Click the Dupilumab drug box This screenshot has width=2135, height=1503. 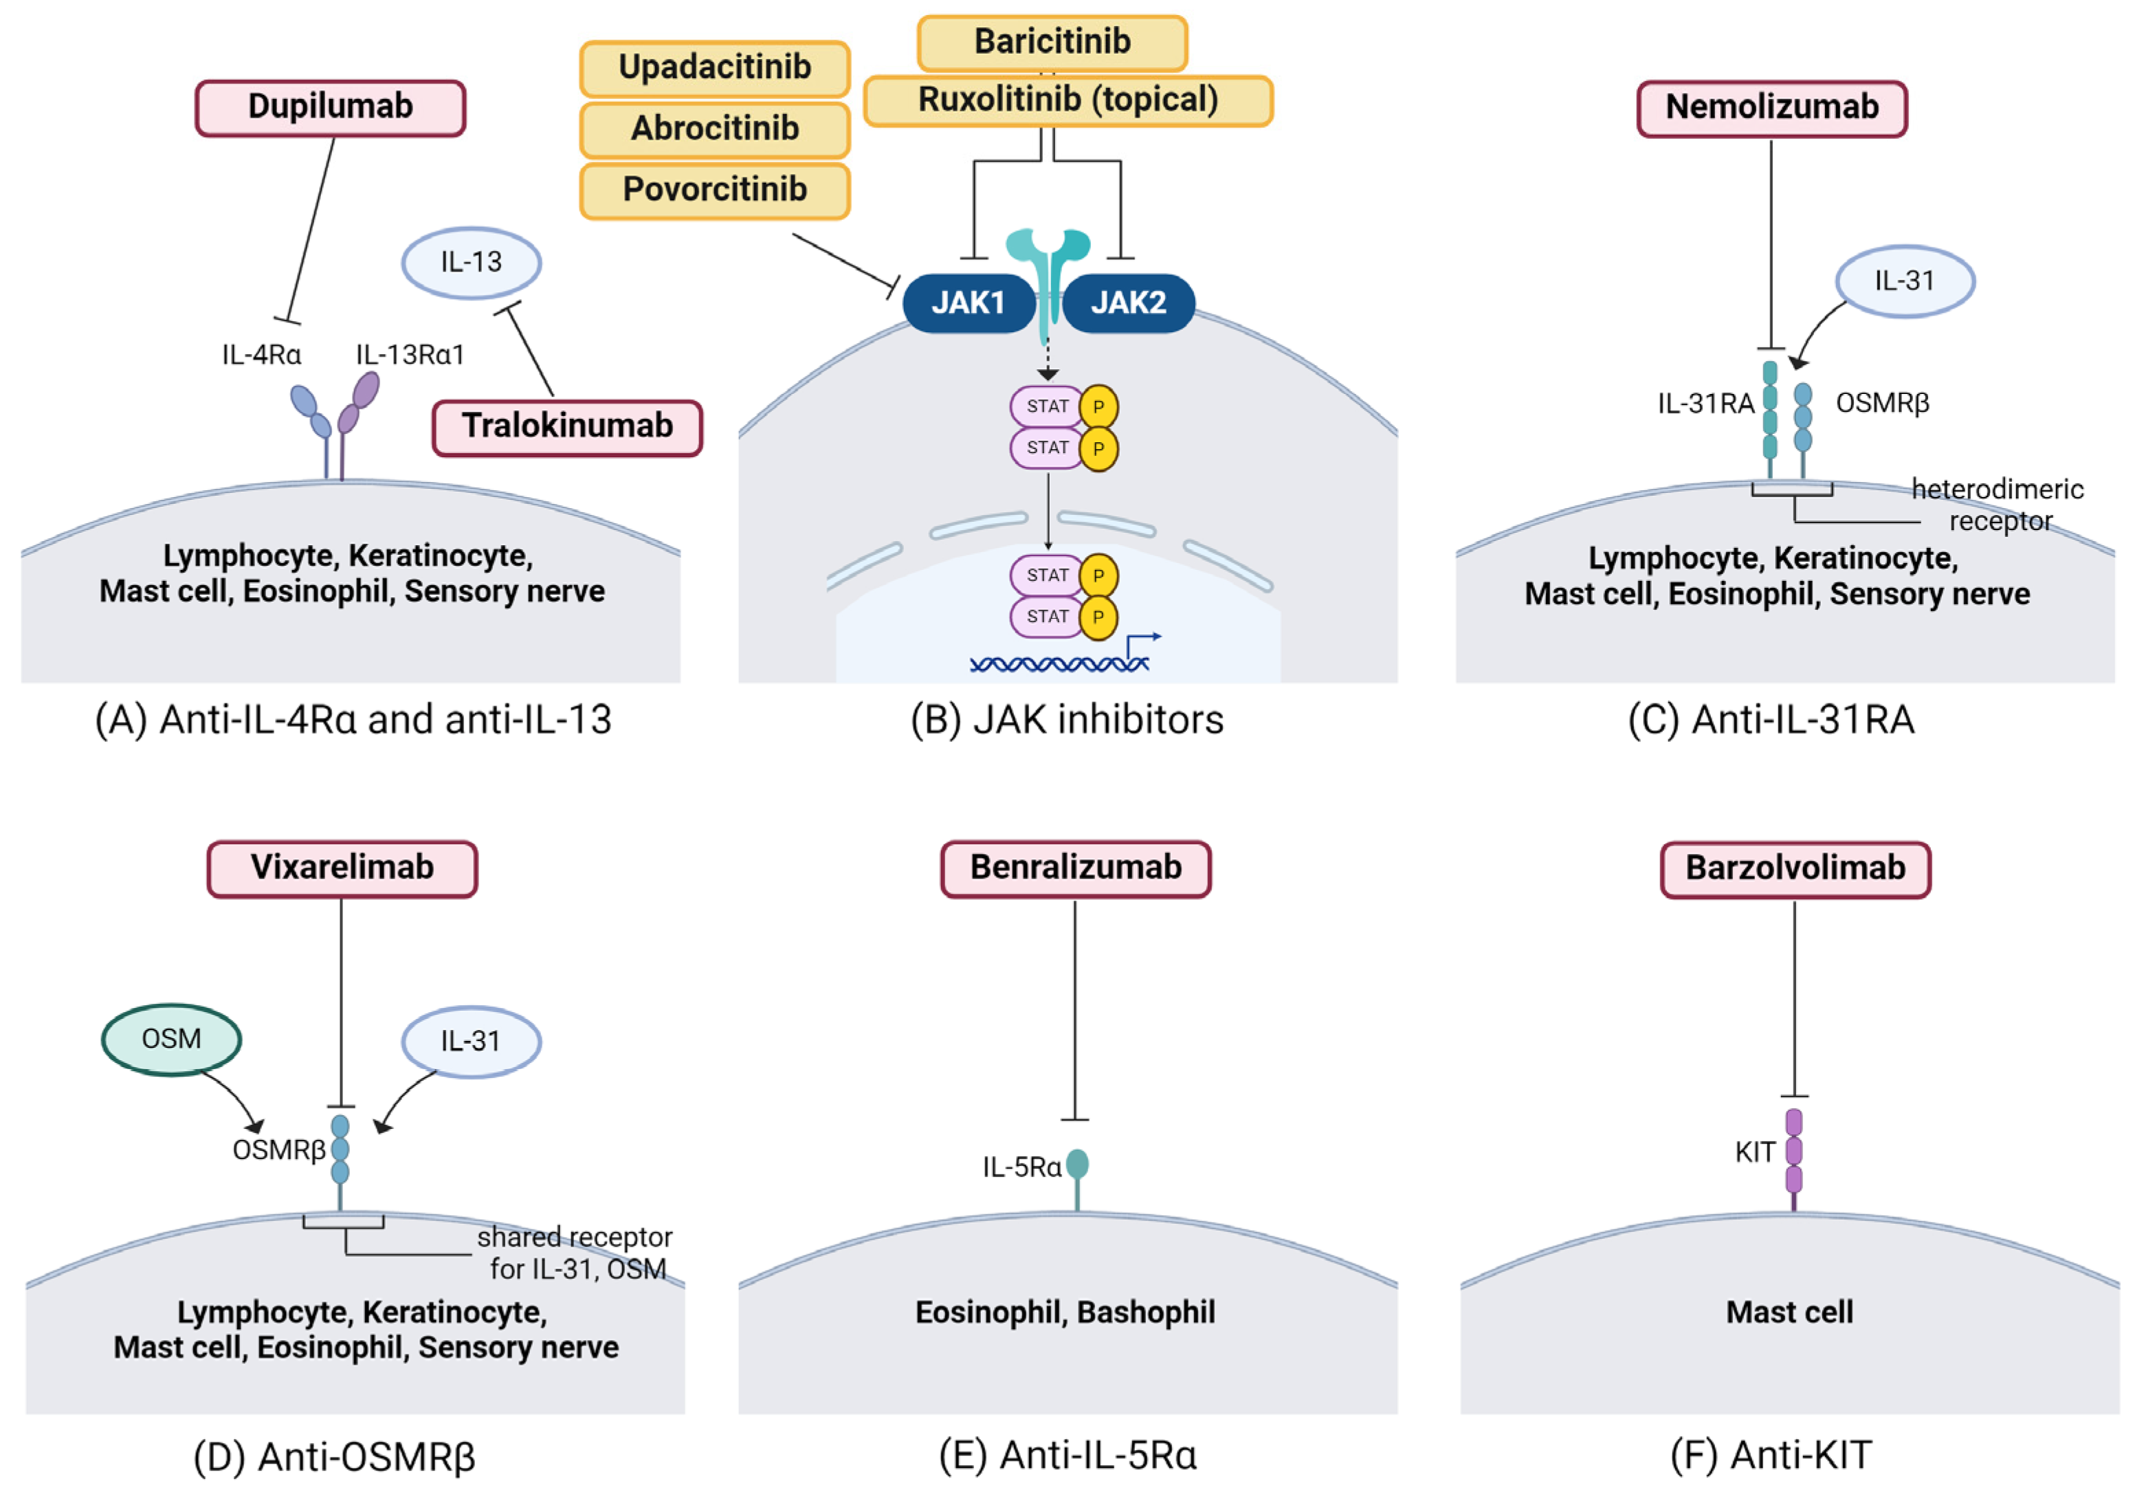click(x=330, y=108)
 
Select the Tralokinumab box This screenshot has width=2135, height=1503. click(x=567, y=428)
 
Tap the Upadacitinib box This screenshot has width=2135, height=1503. click(x=715, y=69)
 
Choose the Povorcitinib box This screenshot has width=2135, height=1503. click(x=715, y=190)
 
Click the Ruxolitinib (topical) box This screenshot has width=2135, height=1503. click(x=1068, y=100)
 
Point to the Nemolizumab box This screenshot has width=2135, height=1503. click(x=1772, y=109)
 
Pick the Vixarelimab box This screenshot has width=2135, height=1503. click(x=342, y=868)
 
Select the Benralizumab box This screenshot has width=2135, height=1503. click(x=1076, y=868)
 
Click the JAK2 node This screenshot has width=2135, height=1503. click(x=1128, y=303)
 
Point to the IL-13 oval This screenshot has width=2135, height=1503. click(x=472, y=263)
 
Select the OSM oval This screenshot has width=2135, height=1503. click(x=171, y=1039)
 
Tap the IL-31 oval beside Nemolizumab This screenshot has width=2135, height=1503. click(x=1905, y=281)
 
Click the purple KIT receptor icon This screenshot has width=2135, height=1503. click(x=1794, y=1159)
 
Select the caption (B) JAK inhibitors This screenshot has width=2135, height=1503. click(x=1067, y=720)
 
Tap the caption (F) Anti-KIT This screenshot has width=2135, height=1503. click(x=1771, y=1456)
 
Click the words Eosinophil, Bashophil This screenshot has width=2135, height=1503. click(x=1065, y=1313)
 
